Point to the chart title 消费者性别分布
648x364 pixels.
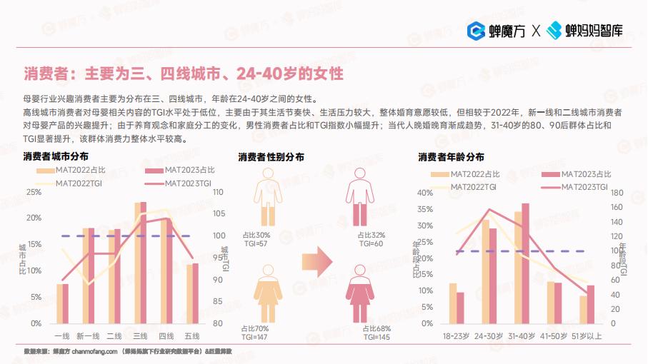[x=271, y=156]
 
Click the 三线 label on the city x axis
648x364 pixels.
[x=140, y=335]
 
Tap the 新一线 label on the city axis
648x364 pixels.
[x=88, y=335]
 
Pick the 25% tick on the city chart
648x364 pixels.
[x=34, y=192]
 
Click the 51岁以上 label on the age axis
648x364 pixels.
[x=587, y=335]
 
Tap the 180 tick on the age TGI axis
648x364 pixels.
[x=618, y=192]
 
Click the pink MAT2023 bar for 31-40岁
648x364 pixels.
[x=526, y=263]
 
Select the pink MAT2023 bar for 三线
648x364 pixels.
[x=144, y=263]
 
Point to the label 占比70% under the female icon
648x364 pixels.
[x=255, y=328]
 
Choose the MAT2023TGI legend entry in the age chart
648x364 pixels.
[x=583, y=186]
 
